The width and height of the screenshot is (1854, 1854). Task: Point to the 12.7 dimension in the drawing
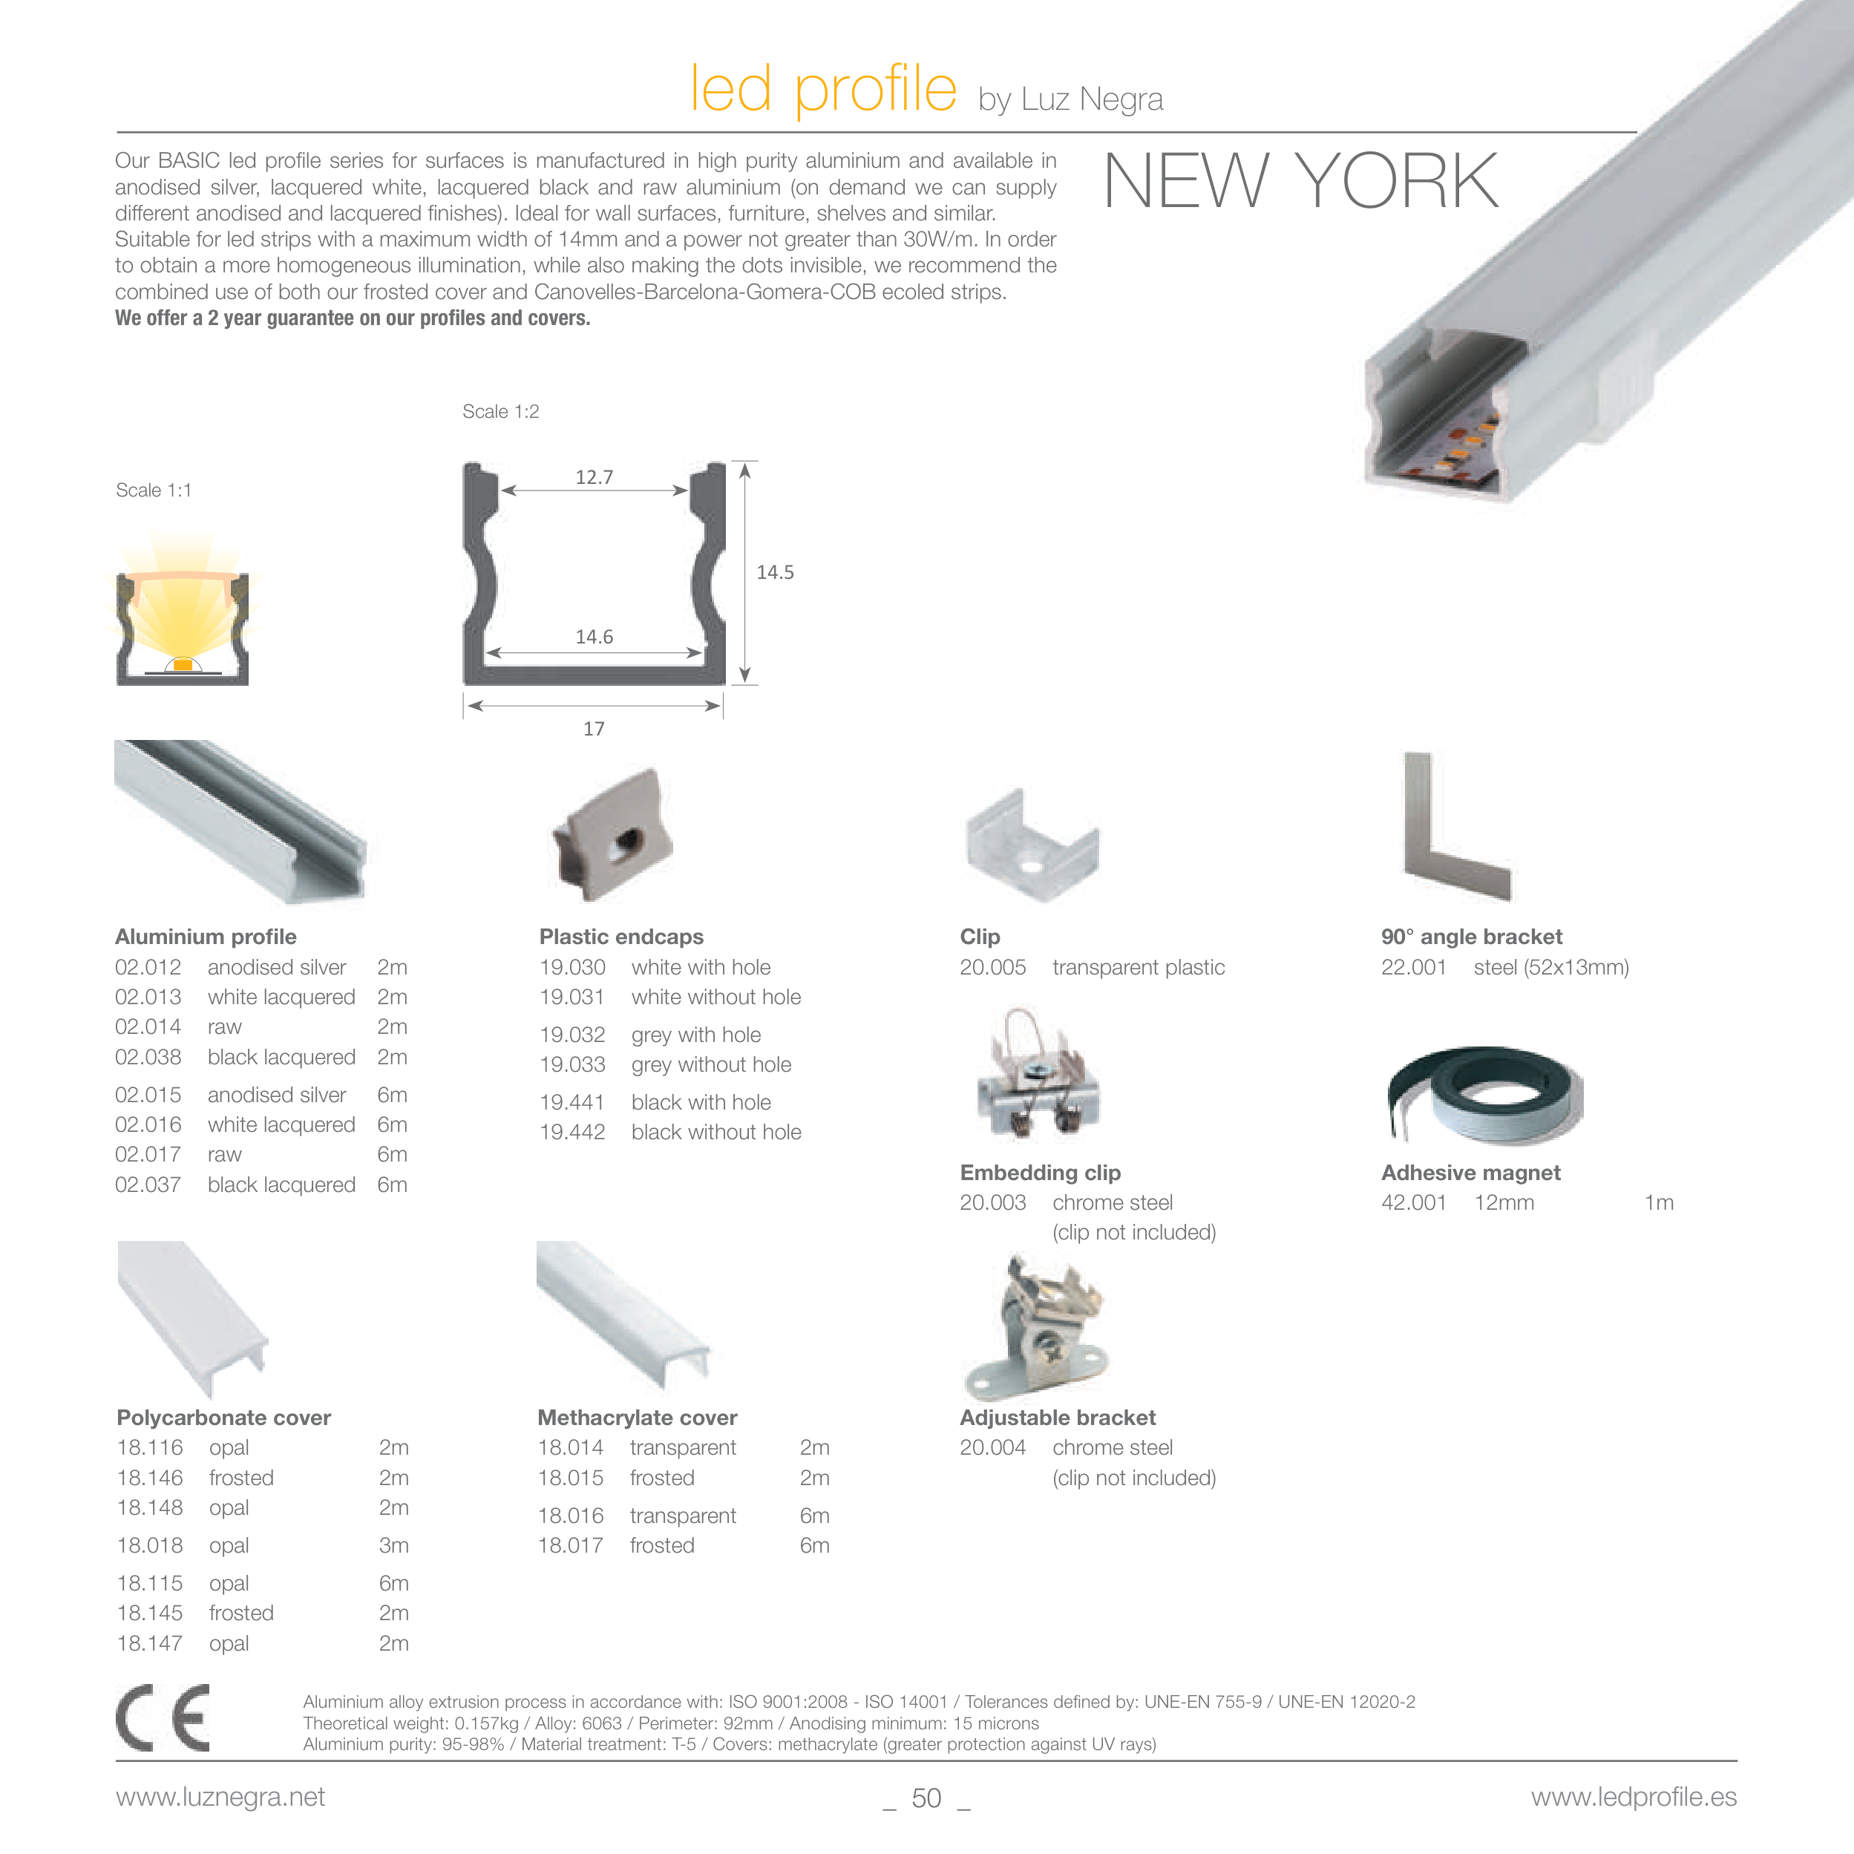(594, 477)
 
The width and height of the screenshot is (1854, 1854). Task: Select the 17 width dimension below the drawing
(594, 728)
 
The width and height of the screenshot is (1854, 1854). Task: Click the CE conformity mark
(163, 1717)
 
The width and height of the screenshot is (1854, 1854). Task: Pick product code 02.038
(148, 1057)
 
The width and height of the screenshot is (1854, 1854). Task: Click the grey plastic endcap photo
(612, 834)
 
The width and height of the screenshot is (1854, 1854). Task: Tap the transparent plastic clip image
(1032, 845)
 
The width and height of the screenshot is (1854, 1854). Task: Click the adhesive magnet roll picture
(1484, 1095)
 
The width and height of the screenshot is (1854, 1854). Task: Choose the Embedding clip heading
(1041, 1172)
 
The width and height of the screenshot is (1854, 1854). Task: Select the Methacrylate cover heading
(638, 1418)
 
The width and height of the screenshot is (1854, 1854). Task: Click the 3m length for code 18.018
(393, 1545)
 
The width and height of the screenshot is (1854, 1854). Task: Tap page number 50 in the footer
(926, 1798)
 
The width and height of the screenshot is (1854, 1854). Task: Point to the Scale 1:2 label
(501, 412)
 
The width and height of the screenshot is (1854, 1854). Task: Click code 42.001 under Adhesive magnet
(1414, 1202)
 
